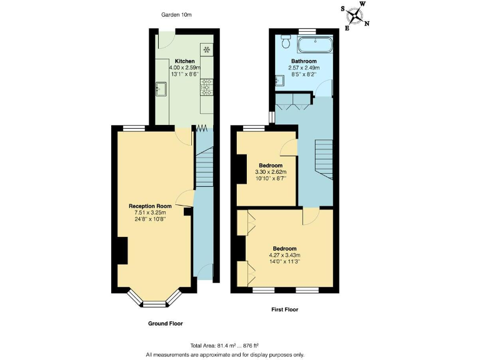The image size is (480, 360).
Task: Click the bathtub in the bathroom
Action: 315,44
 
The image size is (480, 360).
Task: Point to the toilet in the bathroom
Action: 286,41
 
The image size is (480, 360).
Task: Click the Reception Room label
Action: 150,206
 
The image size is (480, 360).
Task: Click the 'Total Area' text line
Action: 225,346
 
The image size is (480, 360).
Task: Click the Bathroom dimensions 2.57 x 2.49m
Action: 304,68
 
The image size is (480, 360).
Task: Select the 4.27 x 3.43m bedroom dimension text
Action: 284,255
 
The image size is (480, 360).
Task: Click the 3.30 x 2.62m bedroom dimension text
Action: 270,172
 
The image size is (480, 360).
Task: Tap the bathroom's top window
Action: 306,30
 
